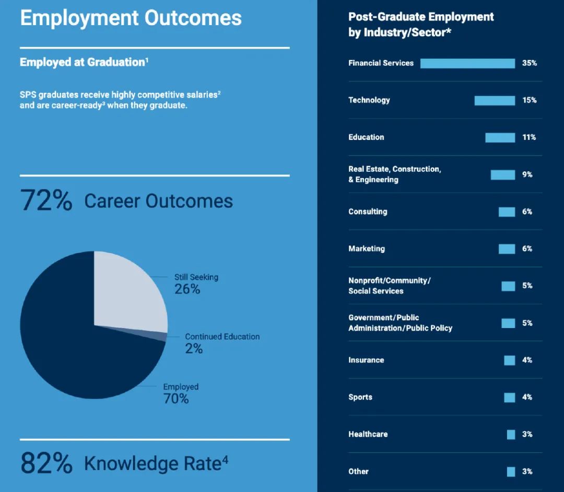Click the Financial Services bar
(x=467, y=63)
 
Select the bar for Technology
(x=495, y=100)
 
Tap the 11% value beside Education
(x=529, y=137)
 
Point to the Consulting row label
(x=368, y=212)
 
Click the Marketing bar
(x=507, y=249)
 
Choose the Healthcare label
(x=368, y=434)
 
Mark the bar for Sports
(x=509, y=397)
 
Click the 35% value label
(x=529, y=63)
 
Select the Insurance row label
(x=366, y=360)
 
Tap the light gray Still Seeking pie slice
(x=131, y=292)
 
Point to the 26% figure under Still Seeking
(x=187, y=289)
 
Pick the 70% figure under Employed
(x=176, y=399)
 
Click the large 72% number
(x=46, y=201)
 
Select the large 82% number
(x=46, y=463)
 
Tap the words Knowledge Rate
(x=152, y=463)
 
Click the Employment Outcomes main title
(x=131, y=18)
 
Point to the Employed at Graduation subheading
(x=83, y=62)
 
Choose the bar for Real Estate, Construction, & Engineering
(x=502, y=174)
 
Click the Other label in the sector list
(x=358, y=471)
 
